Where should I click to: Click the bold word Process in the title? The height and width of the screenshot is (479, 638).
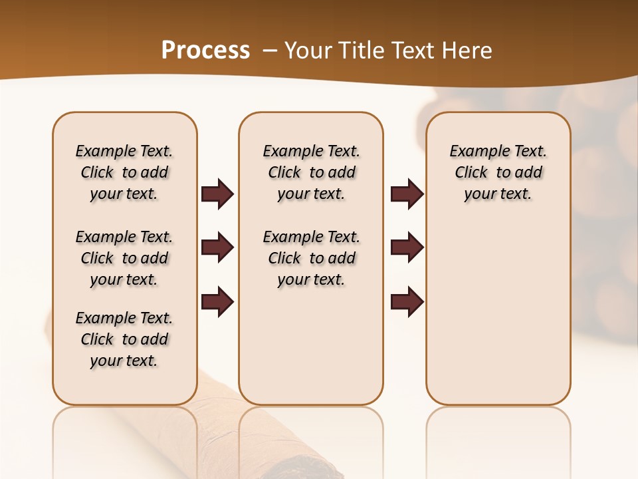coord(205,51)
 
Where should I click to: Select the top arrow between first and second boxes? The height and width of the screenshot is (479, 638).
coord(217,194)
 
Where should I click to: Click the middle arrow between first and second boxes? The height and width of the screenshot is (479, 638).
coord(217,248)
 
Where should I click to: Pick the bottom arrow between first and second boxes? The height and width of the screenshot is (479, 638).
coord(217,302)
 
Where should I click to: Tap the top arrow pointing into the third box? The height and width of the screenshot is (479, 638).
coord(407,194)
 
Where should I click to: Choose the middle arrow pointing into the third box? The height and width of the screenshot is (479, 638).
coord(407,248)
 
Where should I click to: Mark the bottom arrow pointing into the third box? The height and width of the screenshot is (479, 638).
coord(407,302)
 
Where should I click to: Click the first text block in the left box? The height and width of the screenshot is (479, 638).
coord(124,172)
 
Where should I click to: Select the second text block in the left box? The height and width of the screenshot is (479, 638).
coord(124,258)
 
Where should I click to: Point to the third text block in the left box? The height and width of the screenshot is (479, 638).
coord(124,339)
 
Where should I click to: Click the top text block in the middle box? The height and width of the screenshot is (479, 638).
coord(311,172)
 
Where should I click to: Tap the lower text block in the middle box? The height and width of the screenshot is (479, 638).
coord(311,258)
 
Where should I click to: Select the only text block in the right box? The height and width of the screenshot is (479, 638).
coord(498,172)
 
